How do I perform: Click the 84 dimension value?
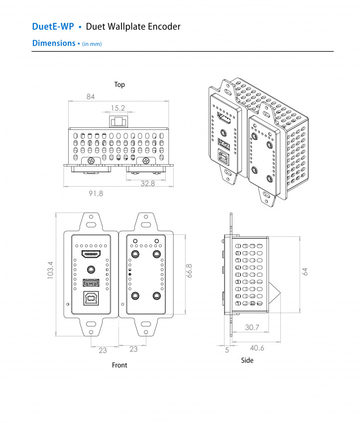90,97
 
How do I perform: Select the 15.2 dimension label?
118,107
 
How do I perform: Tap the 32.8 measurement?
147,183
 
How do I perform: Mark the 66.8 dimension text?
189,271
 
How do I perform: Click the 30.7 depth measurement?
252,327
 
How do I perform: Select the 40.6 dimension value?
256,348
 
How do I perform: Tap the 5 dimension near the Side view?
227,350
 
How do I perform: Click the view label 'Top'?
120,85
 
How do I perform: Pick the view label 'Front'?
120,365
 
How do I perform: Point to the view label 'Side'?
247,360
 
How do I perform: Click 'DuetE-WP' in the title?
53,26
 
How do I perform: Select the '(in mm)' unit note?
92,44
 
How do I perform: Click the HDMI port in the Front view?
92,255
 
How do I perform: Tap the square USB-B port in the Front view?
92,299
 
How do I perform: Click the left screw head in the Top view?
91,160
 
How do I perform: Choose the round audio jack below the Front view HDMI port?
92,269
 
